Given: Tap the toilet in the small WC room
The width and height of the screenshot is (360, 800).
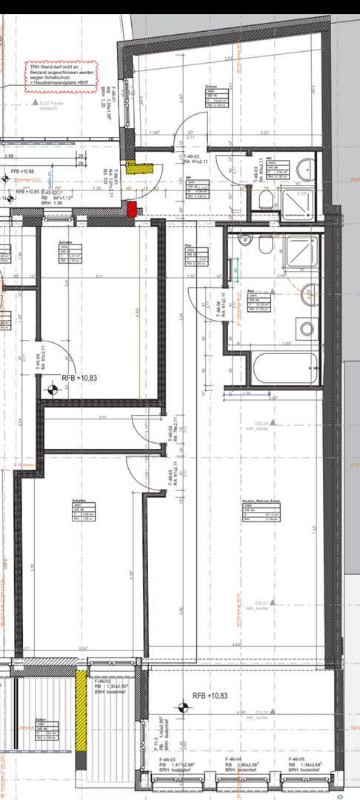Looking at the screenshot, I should tap(266, 199).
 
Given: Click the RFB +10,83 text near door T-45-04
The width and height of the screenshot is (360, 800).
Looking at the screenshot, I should tap(79, 377).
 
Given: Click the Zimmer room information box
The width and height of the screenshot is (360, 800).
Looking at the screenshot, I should tap(215, 96).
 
